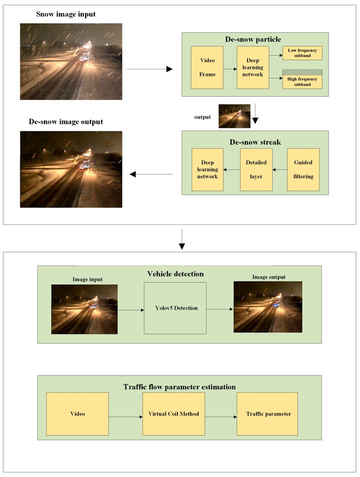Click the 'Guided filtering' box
click(x=303, y=169)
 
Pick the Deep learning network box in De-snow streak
click(x=207, y=169)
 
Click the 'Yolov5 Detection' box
click(x=175, y=307)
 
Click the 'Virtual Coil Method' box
click(x=175, y=414)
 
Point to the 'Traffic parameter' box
click(x=267, y=414)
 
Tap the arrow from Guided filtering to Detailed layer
click(x=279, y=169)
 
